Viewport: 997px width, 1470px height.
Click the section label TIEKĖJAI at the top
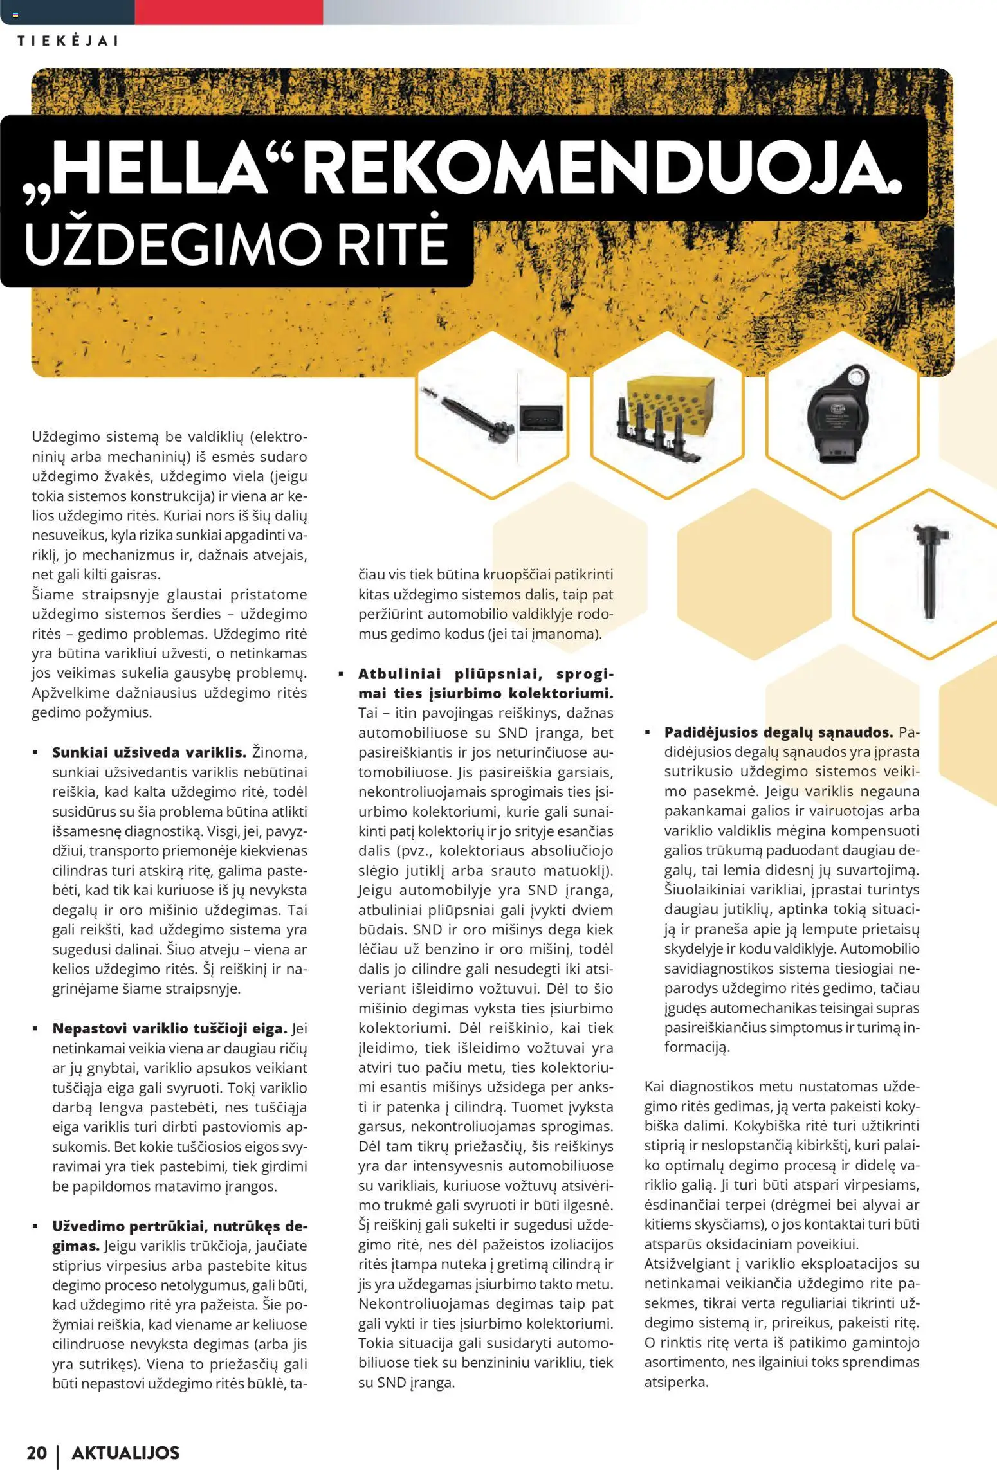coord(68,41)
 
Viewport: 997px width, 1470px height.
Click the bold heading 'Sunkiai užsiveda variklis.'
coord(149,752)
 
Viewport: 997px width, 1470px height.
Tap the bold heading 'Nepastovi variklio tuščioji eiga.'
coord(170,1028)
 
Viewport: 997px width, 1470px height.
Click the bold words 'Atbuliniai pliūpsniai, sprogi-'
coord(486,673)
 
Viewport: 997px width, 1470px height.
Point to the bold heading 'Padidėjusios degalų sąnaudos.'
coord(778,732)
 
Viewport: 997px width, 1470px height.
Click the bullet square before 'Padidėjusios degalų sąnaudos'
coord(649,732)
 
